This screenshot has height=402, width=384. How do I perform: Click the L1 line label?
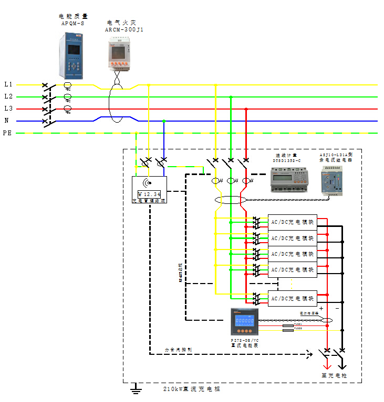pyautogui.click(x=8, y=84)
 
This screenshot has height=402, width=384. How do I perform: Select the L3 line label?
pyautogui.click(x=8, y=108)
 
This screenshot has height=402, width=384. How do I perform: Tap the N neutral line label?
pyautogui.click(x=7, y=121)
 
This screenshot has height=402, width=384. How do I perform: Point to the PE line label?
pyautogui.click(x=7, y=133)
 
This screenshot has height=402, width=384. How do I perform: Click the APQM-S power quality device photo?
pyautogui.click(x=71, y=55)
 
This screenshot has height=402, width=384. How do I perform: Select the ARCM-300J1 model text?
pyautogui.click(x=124, y=30)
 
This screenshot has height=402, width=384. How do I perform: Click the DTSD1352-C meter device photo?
pyautogui.click(x=287, y=177)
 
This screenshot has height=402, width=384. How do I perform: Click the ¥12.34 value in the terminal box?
pyautogui.click(x=149, y=194)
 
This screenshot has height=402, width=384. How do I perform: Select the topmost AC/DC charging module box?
pyautogui.click(x=292, y=221)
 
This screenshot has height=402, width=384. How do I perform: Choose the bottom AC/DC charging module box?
pyautogui.click(x=292, y=298)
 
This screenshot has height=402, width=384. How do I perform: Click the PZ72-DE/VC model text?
pyautogui.click(x=245, y=340)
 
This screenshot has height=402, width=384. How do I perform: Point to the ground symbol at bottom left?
pyautogui.click(x=136, y=388)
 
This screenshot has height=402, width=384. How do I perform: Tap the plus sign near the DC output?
pyautogui.click(x=321, y=309)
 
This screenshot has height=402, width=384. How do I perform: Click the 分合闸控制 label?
pyautogui.click(x=179, y=348)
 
